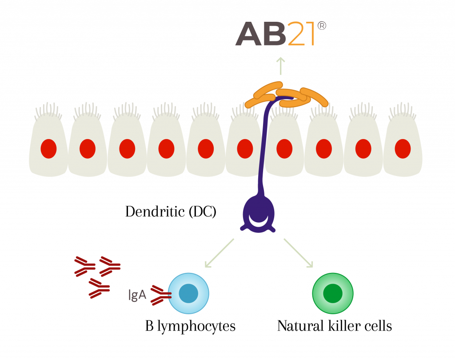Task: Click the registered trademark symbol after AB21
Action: (322, 26)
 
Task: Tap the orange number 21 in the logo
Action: (302, 35)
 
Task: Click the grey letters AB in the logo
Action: (261, 35)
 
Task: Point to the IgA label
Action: (137, 295)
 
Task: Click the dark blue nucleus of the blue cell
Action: (188, 293)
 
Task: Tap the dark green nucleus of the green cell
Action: (333, 293)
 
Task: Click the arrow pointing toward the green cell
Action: (299, 253)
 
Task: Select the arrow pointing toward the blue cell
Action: (219, 253)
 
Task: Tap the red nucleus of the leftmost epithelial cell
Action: (48, 148)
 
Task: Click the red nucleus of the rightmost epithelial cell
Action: (403, 148)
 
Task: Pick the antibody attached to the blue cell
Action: (160, 295)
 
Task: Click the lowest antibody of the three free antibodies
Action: (99, 288)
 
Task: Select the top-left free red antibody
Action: (84, 266)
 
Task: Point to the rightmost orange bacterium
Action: (315, 96)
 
